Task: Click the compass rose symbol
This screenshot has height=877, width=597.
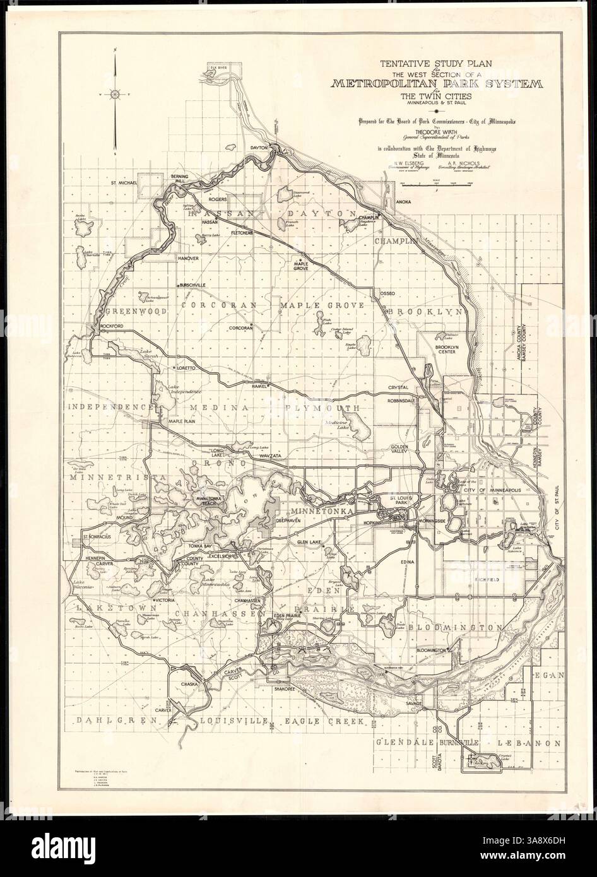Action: pyautogui.click(x=115, y=95)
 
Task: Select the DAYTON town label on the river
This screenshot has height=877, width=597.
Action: pyautogui.click(x=260, y=147)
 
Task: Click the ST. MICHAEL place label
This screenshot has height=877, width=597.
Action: pyautogui.click(x=124, y=184)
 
